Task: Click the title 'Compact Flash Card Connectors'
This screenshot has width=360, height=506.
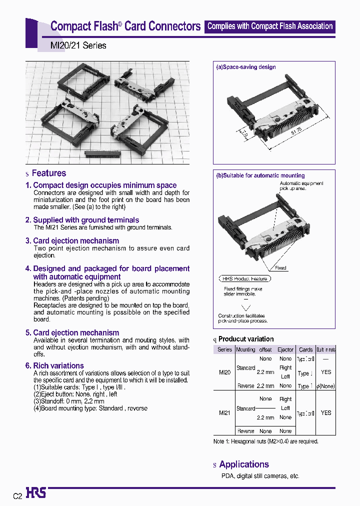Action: (x=125, y=26)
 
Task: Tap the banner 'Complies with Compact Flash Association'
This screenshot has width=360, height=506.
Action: (x=270, y=26)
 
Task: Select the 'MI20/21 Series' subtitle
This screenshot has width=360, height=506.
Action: (x=78, y=45)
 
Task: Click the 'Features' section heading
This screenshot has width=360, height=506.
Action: (x=48, y=173)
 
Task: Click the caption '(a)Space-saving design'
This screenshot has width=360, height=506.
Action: (x=245, y=67)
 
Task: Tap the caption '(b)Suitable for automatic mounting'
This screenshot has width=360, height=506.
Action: (x=260, y=175)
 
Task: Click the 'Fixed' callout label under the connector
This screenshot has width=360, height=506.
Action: (x=280, y=268)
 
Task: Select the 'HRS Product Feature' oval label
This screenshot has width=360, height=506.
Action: (x=245, y=278)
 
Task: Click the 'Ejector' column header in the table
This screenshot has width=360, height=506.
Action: (x=285, y=349)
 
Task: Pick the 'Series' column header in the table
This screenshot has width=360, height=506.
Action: (x=224, y=349)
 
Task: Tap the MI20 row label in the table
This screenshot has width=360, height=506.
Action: (x=224, y=372)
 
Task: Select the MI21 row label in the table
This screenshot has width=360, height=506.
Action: (x=224, y=413)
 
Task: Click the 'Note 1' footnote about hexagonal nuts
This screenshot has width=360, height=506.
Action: (x=265, y=441)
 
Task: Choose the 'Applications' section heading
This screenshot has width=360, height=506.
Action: (x=244, y=464)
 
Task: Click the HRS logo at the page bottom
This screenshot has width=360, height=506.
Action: (x=36, y=493)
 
